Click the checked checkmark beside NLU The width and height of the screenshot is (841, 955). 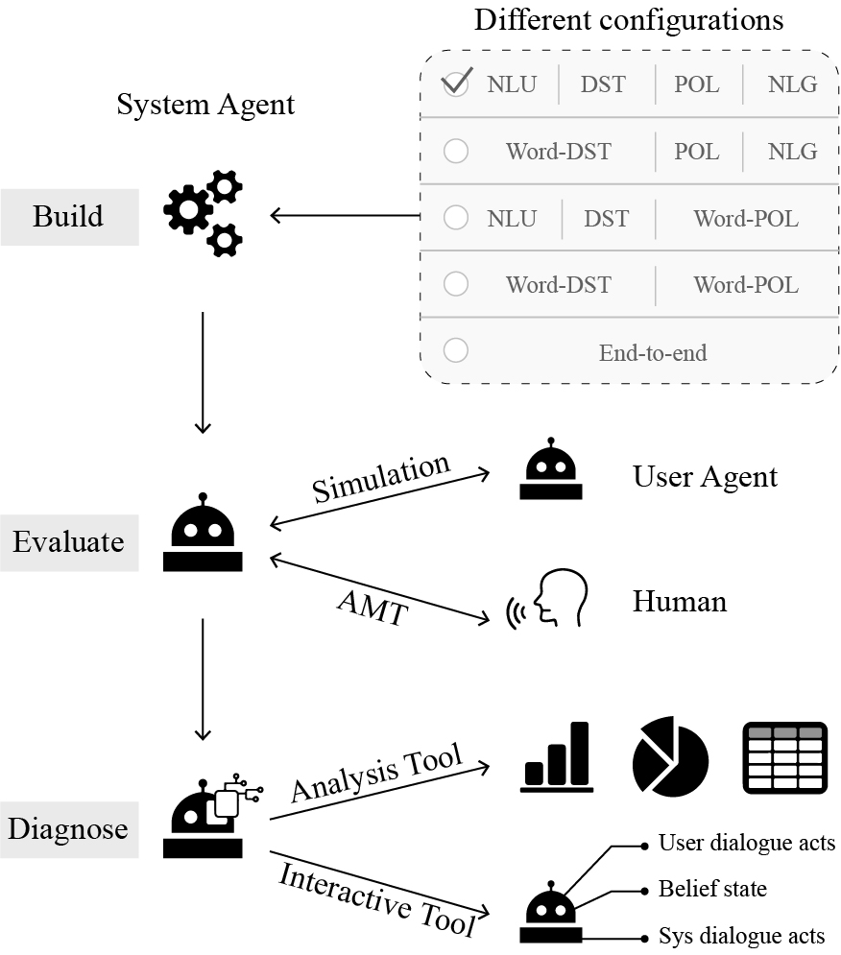click(x=457, y=82)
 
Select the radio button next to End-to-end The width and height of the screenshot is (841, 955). click(x=456, y=350)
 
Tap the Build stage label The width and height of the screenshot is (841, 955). click(x=68, y=216)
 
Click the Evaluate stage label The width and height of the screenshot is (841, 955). click(x=68, y=542)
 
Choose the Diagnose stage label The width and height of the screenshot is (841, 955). click(x=68, y=829)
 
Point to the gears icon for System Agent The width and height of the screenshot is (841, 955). click(x=203, y=214)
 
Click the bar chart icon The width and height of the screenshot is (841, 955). click(x=557, y=757)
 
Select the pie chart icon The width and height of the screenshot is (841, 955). click(x=670, y=756)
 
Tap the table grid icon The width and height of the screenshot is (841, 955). click(x=785, y=757)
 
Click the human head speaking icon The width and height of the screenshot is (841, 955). click(x=547, y=598)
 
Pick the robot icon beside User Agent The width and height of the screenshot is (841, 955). click(x=551, y=469)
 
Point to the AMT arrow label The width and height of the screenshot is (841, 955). click(x=372, y=608)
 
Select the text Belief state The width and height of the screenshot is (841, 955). click(x=712, y=889)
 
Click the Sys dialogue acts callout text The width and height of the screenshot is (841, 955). click(x=742, y=936)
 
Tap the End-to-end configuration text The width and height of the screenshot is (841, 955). click(x=653, y=352)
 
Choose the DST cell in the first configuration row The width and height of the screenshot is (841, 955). click(x=603, y=84)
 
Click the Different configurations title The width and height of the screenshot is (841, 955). click(x=629, y=19)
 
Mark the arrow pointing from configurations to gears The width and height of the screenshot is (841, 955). click(x=346, y=215)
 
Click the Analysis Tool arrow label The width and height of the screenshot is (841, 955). click(x=376, y=773)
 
